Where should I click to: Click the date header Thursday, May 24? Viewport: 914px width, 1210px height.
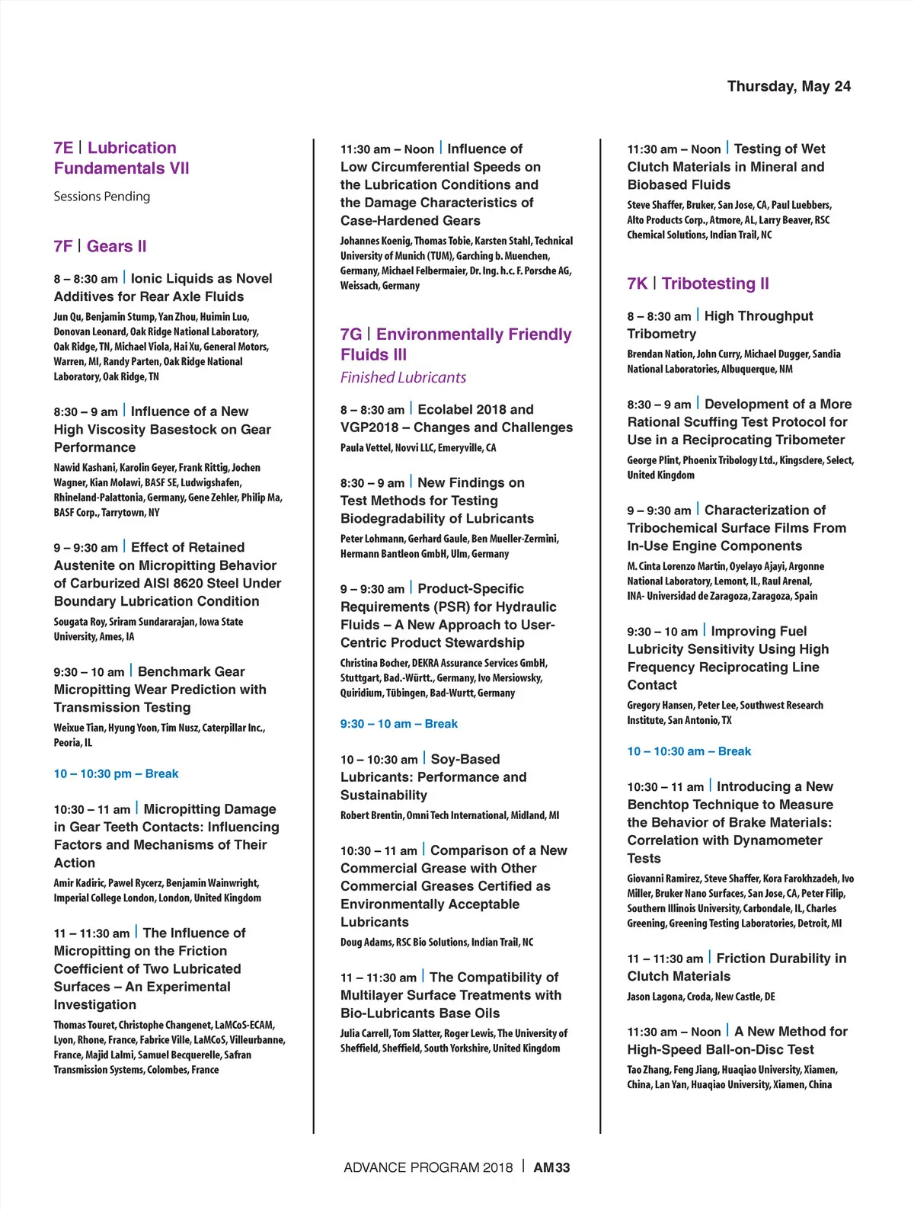tap(788, 86)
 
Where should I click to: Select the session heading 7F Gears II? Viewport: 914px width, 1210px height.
tap(100, 246)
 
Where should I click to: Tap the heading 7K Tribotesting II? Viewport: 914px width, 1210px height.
tap(698, 283)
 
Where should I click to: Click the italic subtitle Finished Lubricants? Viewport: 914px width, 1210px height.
tap(403, 377)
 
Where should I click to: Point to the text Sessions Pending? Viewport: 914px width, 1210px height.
tap(102, 197)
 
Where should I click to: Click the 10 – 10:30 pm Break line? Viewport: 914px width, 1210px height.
tap(116, 773)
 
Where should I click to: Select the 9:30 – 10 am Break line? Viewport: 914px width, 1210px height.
tap(399, 724)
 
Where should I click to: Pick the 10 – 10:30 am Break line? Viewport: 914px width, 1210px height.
tap(689, 751)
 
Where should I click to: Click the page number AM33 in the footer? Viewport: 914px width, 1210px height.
tap(551, 1167)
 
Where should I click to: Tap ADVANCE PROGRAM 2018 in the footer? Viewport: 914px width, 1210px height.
tap(428, 1167)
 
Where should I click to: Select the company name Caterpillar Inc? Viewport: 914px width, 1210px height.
tap(232, 728)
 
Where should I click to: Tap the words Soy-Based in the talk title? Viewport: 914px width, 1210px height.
tap(465, 759)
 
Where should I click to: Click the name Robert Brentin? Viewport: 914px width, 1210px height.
tap(372, 815)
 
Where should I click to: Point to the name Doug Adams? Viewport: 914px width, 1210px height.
tap(366, 943)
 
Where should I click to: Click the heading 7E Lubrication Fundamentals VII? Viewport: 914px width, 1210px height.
tap(122, 158)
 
